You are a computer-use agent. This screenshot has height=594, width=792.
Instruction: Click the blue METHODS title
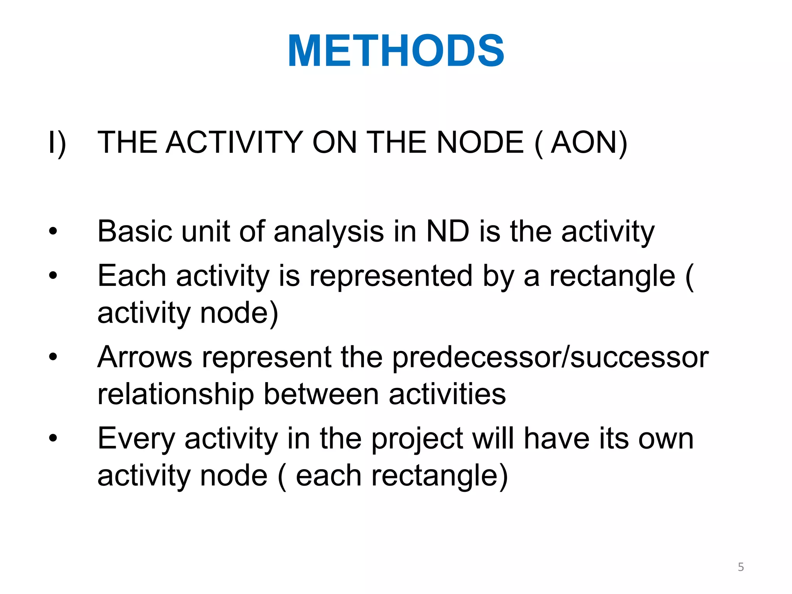tap(396, 51)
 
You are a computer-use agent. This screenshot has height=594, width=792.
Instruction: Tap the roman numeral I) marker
tap(57, 143)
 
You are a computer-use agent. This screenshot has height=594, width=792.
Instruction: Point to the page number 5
tap(741, 567)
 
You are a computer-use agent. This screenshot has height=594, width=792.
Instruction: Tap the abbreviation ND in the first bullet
tap(447, 232)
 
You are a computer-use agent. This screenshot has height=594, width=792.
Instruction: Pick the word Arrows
tap(145, 357)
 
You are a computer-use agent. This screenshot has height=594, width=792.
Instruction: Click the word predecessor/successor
tap(550, 357)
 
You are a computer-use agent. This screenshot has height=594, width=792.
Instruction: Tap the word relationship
tap(176, 394)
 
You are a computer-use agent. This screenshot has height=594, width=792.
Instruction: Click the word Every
tap(136, 439)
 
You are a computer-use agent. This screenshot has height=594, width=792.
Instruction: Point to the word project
tap(417, 439)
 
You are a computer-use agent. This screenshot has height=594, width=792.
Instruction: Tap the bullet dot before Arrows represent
tap(53, 357)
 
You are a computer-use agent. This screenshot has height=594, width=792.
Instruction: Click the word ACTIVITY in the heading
tap(234, 143)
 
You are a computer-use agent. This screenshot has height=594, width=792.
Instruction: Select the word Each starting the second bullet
tap(132, 276)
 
